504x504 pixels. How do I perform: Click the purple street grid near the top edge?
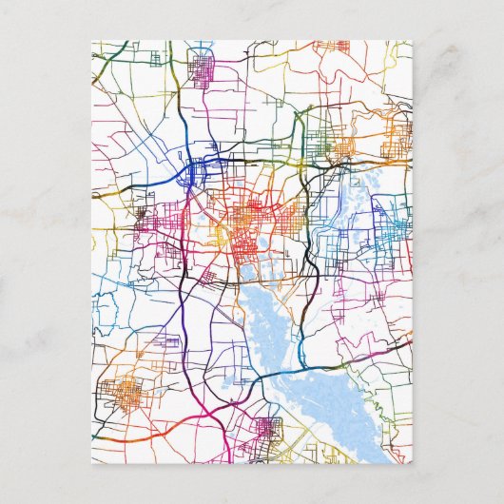point(203,70)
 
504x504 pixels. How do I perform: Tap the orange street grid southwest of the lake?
point(123,391)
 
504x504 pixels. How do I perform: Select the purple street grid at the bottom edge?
point(266,433)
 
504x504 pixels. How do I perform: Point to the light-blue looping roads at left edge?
point(105,309)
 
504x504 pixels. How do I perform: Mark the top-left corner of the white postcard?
point(92,41)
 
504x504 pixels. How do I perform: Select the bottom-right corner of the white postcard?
point(413,462)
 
